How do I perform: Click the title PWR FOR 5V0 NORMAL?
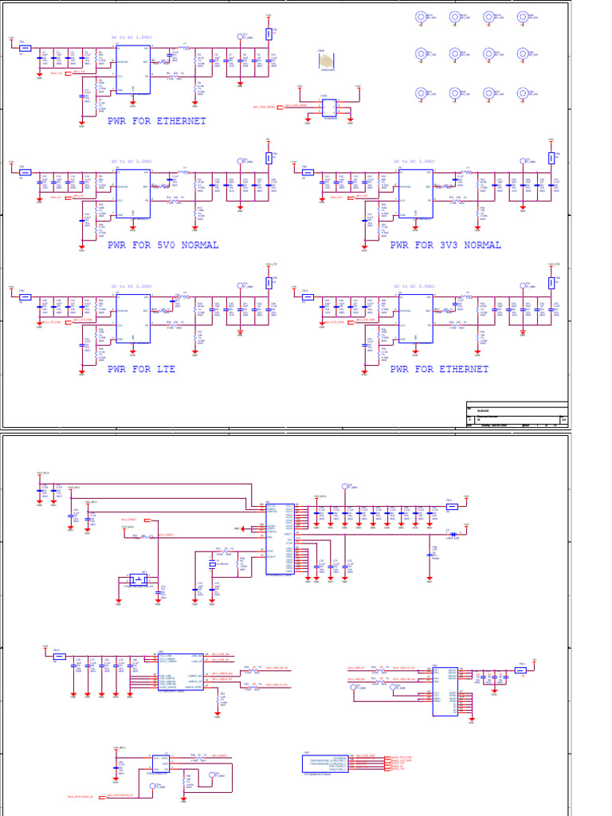[163, 245]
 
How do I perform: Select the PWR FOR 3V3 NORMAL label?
[445, 245]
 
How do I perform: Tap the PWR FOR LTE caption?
[141, 370]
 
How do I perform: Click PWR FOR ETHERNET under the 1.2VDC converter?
[156, 121]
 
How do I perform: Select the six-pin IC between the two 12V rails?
[328, 108]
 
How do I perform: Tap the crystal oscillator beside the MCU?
[213, 564]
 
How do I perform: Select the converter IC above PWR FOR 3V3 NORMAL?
[414, 194]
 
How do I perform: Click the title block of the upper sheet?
[516, 414]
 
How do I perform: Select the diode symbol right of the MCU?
[452, 533]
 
